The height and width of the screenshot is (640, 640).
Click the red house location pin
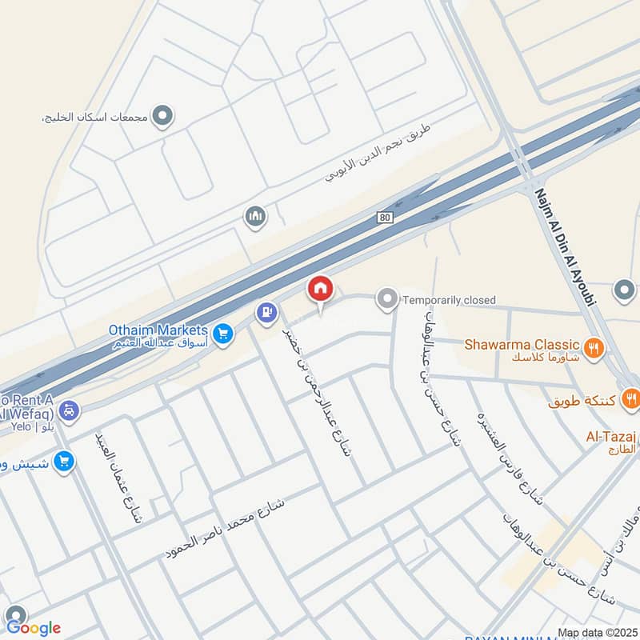(x=320, y=290)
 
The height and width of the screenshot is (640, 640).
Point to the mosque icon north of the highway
(x=255, y=217)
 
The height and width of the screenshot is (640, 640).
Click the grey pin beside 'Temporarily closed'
(x=387, y=300)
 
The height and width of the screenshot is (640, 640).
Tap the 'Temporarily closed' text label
(x=449, y=300)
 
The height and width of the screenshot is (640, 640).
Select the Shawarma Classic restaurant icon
(x=593, y=347)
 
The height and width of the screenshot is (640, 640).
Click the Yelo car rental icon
(x=70, y=410)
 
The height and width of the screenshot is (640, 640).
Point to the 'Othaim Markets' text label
(x=158, y=330)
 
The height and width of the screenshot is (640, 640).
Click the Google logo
(x=34, y=628)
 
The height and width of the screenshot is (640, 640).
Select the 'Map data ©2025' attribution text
(x=597, y=633)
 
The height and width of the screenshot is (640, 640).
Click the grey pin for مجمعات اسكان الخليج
(x=163, y=118)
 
